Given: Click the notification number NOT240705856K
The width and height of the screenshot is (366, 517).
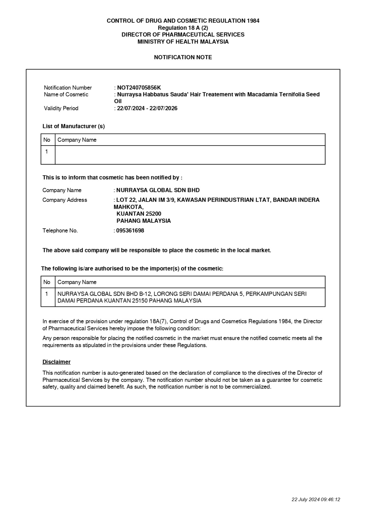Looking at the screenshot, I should [139, 88].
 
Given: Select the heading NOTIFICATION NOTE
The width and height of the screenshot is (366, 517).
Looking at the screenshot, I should [183, 57].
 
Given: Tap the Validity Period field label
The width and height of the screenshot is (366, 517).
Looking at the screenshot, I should [61, 108].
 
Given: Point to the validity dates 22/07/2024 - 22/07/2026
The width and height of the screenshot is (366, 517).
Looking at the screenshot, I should [147, 108].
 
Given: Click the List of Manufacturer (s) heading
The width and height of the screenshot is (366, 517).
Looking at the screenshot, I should [74, 126].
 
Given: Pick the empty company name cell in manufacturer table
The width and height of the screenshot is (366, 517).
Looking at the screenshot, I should [190, 155].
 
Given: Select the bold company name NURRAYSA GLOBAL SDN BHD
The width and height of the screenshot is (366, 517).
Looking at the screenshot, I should [158, 190].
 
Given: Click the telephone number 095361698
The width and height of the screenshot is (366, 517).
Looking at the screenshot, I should [130, 231].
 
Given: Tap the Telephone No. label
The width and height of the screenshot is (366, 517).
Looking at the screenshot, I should [60, 231].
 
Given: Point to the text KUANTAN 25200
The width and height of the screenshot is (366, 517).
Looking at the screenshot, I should [139, 214].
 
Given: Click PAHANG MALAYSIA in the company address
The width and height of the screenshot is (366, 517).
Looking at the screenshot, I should [144, 221].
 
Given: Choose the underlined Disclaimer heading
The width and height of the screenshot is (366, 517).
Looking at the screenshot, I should [56, 362].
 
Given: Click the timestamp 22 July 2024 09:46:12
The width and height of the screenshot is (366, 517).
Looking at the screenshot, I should [316, 499].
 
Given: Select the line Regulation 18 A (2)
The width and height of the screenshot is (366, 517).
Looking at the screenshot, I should [183, 28].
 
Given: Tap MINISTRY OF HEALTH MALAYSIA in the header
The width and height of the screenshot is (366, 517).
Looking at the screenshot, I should [183, 42].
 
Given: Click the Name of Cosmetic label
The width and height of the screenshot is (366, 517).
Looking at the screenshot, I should [66, 95].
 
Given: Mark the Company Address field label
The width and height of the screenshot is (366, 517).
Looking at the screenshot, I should [65, 200].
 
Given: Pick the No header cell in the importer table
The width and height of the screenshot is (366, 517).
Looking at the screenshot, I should [47, 282].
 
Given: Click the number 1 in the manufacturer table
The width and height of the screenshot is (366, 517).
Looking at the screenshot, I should [47, 152].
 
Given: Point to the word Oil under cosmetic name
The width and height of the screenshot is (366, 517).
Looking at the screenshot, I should [118, 101].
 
